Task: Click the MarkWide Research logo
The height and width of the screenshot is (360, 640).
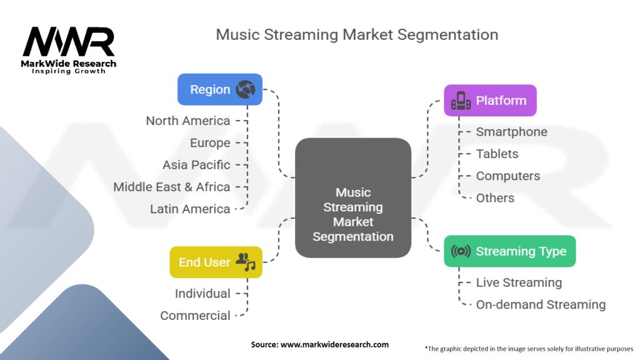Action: tap(69, 49)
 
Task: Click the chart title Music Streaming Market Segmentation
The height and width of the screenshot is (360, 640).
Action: tap(357, 34)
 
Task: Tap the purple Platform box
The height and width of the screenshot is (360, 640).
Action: tap(490, 101)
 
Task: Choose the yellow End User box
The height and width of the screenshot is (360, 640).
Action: tap(216, 262)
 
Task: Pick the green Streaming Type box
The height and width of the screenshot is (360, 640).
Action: tap(509, 251)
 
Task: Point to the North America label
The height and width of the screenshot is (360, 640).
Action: tap(187, 121)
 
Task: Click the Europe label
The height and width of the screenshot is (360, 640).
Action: tap(210, 143)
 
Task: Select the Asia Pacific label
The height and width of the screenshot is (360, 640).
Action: tap(196, 165)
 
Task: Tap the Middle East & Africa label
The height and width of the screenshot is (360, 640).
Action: tap(171, 187)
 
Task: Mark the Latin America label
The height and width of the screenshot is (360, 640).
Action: tap(190, 209)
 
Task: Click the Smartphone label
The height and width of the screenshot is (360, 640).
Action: tap(511, 132)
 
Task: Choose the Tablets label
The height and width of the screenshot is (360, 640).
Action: tap(497, 154)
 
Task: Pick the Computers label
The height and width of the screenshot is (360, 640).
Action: tap(507, 176)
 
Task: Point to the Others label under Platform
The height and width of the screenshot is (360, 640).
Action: tap(495, 198)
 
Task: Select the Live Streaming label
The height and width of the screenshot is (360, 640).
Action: tap(519, 282)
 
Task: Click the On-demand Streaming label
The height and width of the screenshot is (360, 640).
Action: tap(541, 305)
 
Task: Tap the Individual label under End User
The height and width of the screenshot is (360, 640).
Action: tap(202, 294)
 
